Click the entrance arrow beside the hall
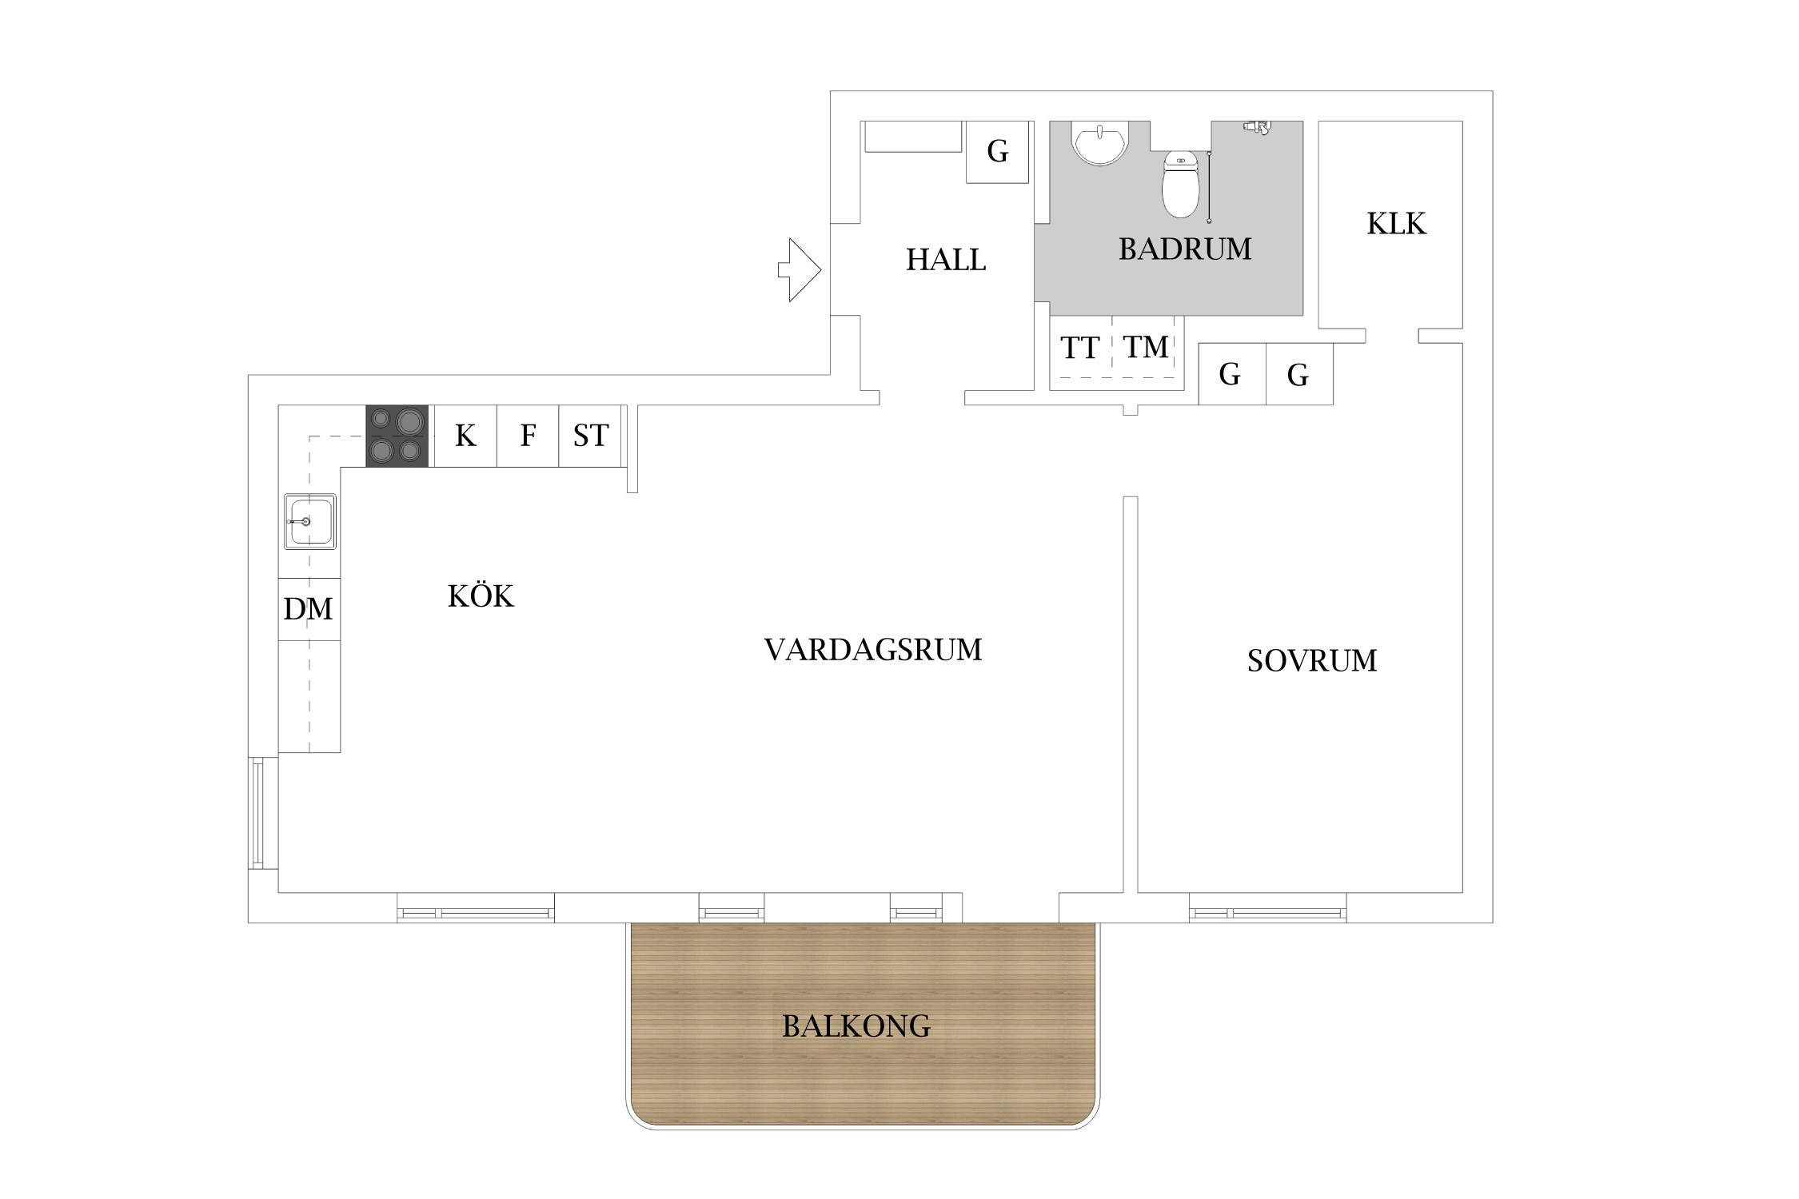pos(800,270)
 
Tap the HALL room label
pos(946,260)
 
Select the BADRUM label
pos(1185,249)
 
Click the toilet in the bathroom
pos(1181,184)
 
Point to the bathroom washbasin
pos(1101,143)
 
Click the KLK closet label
pos(1396,224)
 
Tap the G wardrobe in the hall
pos(997,152)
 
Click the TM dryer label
pos(1146,347)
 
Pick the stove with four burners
pos(397,436)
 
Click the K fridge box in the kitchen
pos(465,436)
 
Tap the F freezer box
pos(528,436)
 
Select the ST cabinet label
pos(591,436)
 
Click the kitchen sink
pos(310,521)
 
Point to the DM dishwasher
pos(309,609)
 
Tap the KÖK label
pos(481,596)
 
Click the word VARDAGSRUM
pos(873,650)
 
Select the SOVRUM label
pos(1312,660)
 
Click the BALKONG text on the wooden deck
pos(856,1026)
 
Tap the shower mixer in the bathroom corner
pos(1257,126)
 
